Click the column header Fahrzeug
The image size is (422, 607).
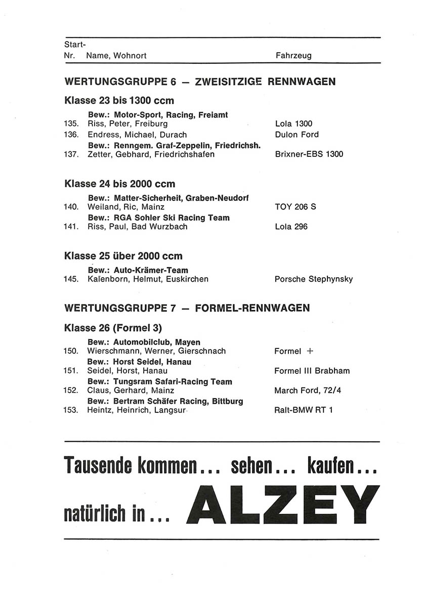(x=293, y=56)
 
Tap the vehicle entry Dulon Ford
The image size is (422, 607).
(x=297, y=135)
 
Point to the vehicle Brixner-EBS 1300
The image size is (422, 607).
(x=309, y=154)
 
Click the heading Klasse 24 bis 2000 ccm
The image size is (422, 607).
(x=120, y=184)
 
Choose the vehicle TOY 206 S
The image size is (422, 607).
(x=295, y=207)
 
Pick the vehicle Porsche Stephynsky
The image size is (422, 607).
(x=313, y=279)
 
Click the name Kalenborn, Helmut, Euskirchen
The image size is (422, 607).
(x=148, y=279)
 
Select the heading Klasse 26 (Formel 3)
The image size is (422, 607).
(x=113, y=328)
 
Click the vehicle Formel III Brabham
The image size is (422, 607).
(x=312, y=371)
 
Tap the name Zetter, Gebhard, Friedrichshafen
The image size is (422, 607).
(x=151, y=154)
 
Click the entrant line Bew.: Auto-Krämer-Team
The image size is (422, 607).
(x=138, y=271)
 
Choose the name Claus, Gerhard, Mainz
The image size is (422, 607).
(x=131, y=391)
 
